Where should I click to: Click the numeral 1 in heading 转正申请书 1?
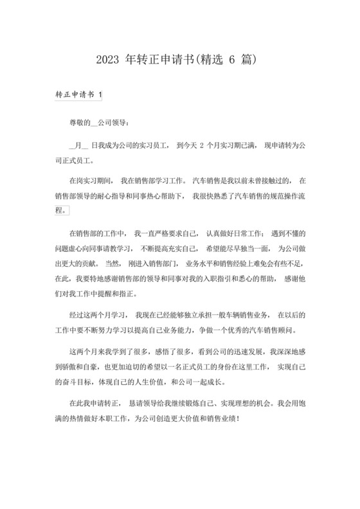coord(100,94)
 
